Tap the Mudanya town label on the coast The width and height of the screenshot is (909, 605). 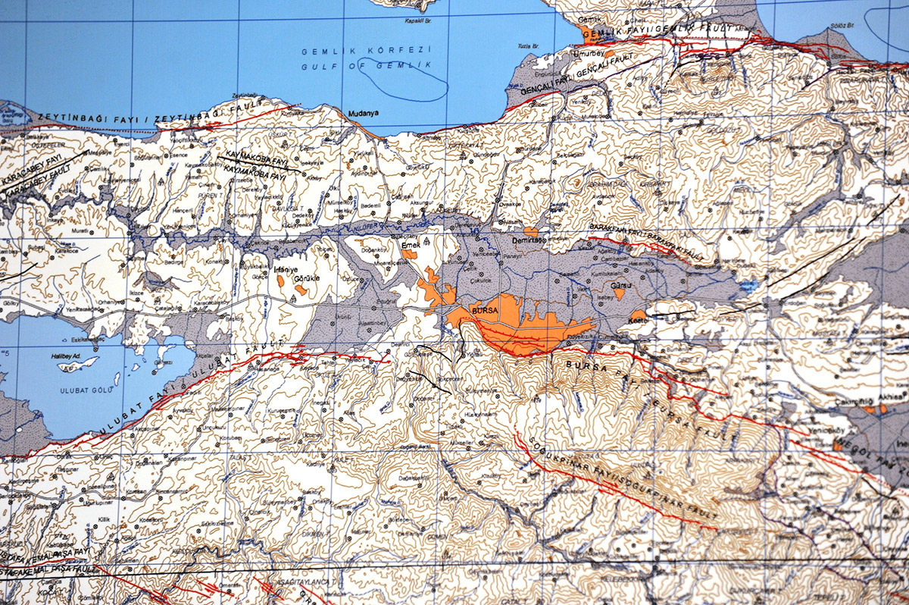[x=362, y=114]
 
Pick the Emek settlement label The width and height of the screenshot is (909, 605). [x=410, y=244]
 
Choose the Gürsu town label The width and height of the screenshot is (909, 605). [x=620, y=286]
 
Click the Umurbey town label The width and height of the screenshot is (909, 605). [x=592, y=55]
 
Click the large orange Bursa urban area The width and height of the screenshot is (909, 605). [x=523, y=330]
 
